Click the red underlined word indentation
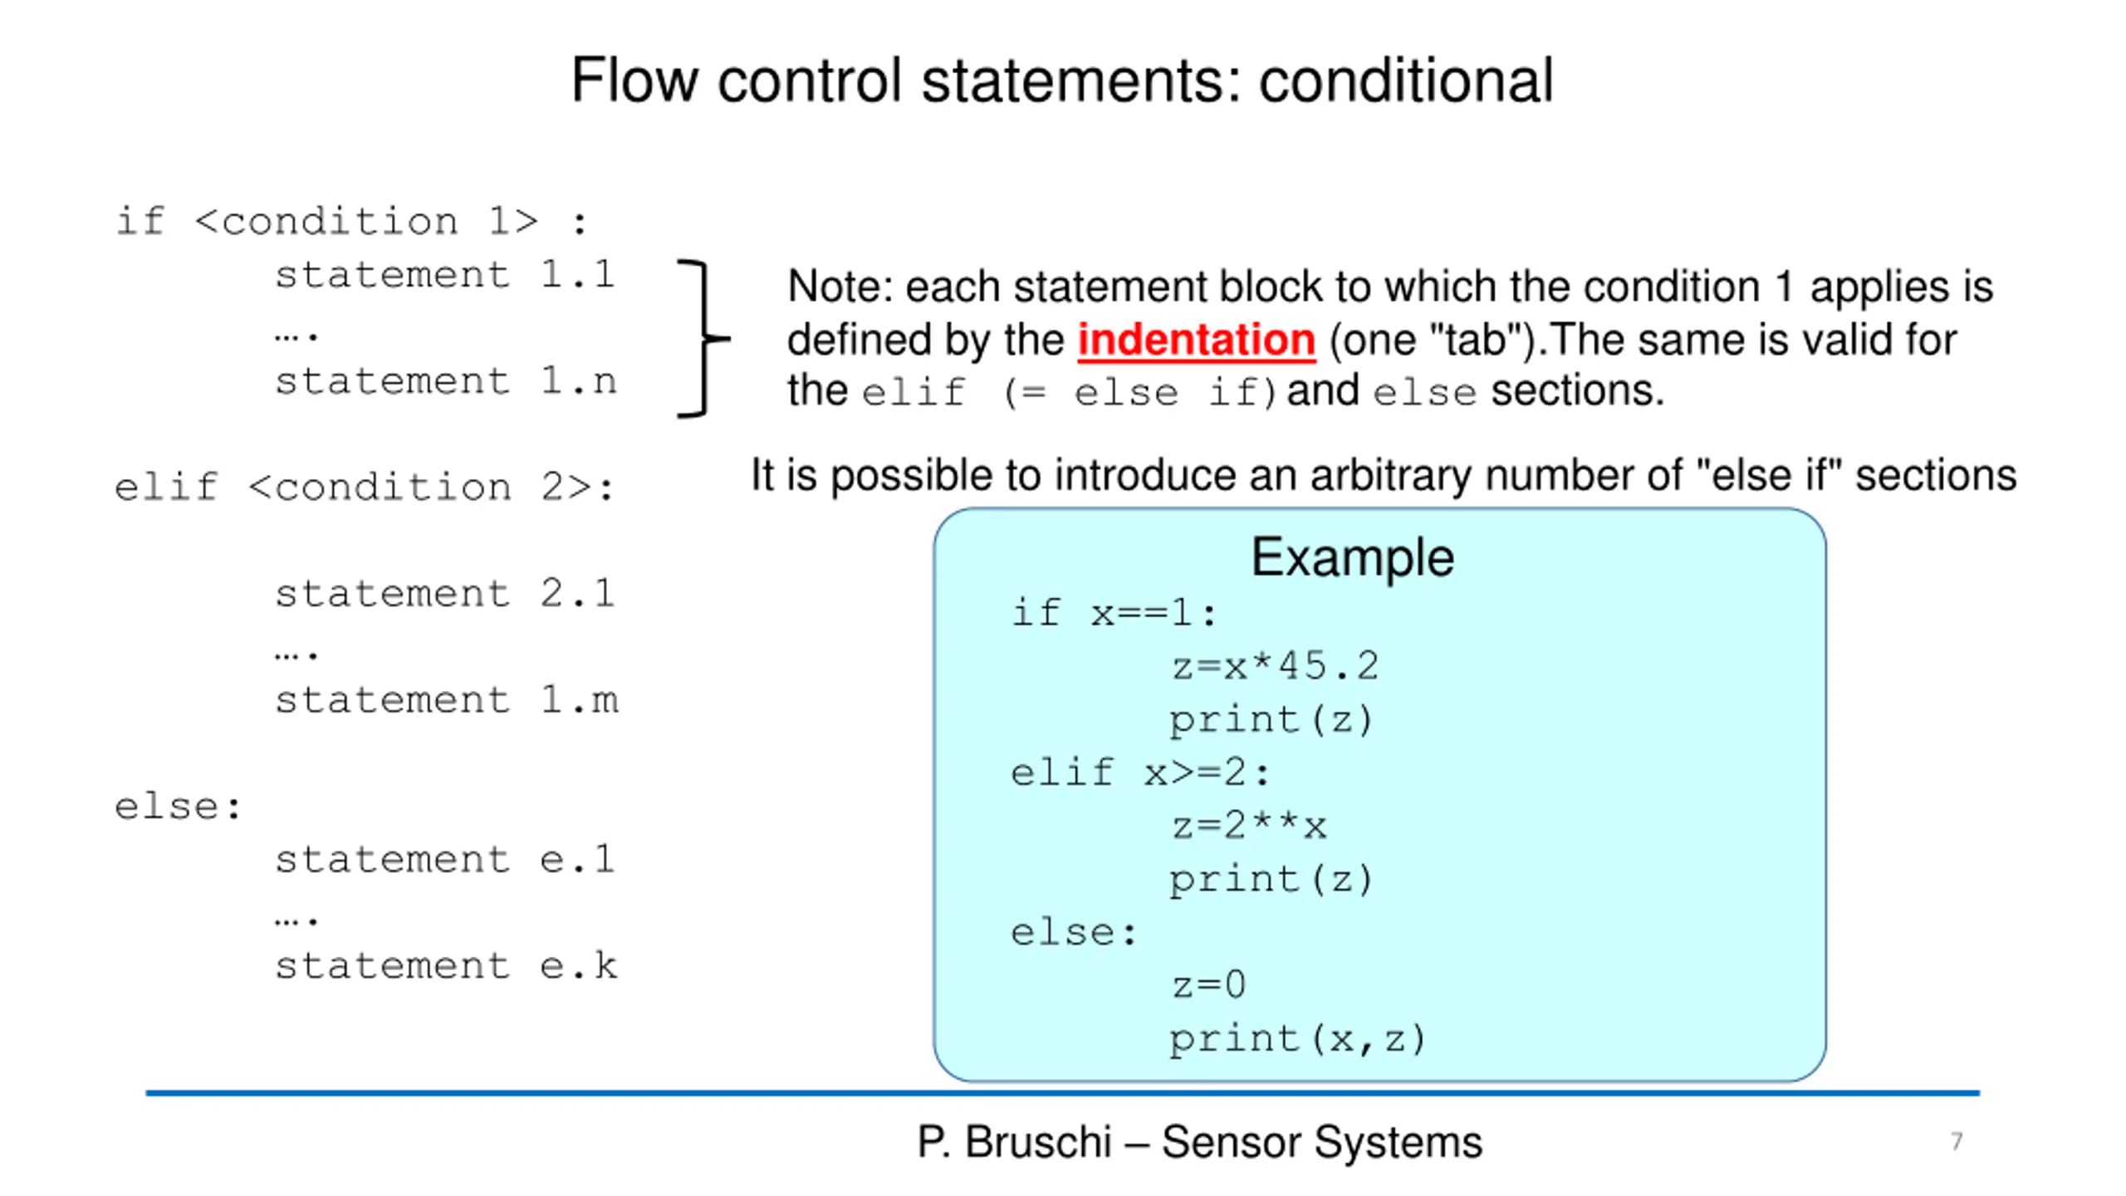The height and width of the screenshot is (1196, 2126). pyautogui.click(x=1196, y=341)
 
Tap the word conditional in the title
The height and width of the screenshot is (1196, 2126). pyautogui.click(x=1406, y=81)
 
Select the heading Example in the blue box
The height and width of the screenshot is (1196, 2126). pyautogui.click(x=1352, y=556)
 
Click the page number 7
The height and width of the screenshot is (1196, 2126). pyautogui.click(x=1957, y=1141)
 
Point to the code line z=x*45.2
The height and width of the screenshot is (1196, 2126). pyautogui.click(x=1275, y=666)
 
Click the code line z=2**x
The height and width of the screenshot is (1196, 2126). pyautogui.click(x=1249, y=826)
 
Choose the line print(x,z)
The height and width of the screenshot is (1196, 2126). pyautogui.click(x=1297, y=1039)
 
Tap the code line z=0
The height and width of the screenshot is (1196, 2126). pyautogui.click(x=1208, y=985)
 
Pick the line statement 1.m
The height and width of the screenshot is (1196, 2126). pyautogui.click(x=447, y=699)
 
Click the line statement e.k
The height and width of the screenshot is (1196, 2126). pyautogui.click(x=447, y=965)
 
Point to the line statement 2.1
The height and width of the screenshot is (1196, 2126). pyautogui.click(x=445, y=593)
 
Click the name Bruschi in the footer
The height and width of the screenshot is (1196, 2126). pyautogui.click(x=1037, y=1141)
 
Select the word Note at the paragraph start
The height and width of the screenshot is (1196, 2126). pyautogui.click(x=839, y=287)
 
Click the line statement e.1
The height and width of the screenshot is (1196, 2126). pyautogui.click(x=445, y=859)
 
